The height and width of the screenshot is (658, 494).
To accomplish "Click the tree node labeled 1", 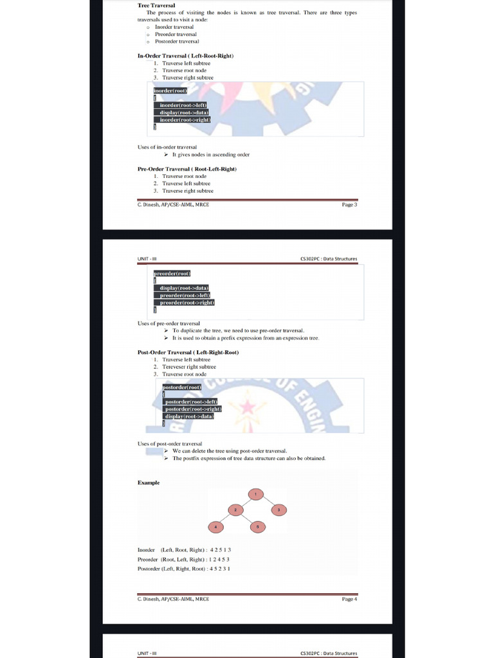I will (x=257, y=493).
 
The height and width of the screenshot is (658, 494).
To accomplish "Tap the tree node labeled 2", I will (x=235, y=510).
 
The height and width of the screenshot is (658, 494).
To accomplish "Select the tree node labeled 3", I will (x=279, y=510).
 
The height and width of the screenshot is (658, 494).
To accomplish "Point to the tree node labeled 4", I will (x=215, y=527).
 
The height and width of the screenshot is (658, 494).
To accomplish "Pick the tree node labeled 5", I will (x=257, y=527).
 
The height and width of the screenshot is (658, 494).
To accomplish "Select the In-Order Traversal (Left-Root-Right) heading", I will (x=185, y=56).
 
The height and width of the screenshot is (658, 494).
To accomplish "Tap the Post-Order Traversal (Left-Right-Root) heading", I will (x=188, y=352).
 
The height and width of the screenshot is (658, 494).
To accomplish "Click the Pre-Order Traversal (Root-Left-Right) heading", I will (x=187, y=168).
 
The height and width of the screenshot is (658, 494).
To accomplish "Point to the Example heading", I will (x=149, y=483).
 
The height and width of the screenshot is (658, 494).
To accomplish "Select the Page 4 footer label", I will (x=349, y=599).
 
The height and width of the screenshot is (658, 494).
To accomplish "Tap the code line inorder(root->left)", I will (x=183, y=105).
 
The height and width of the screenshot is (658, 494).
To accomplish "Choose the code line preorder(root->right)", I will (x=187, y=302).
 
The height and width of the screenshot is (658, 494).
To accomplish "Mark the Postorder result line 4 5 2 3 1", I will (x=184, y=569).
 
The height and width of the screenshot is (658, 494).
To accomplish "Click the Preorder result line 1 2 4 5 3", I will (x=184, y=559).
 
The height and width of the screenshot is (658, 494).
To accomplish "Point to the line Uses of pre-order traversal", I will (x=169, y=323).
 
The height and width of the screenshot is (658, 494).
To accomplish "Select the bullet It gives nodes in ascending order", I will (x=210, y=154).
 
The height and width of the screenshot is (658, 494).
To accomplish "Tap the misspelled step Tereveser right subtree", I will (x=189, y=367).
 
